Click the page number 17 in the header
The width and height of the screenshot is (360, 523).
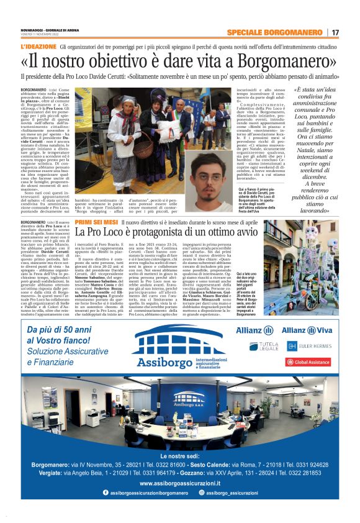(x=335, y=32)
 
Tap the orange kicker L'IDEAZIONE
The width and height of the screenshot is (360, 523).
(x=38, y=47)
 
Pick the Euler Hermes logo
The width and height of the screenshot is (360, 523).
(x=307, y=345)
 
